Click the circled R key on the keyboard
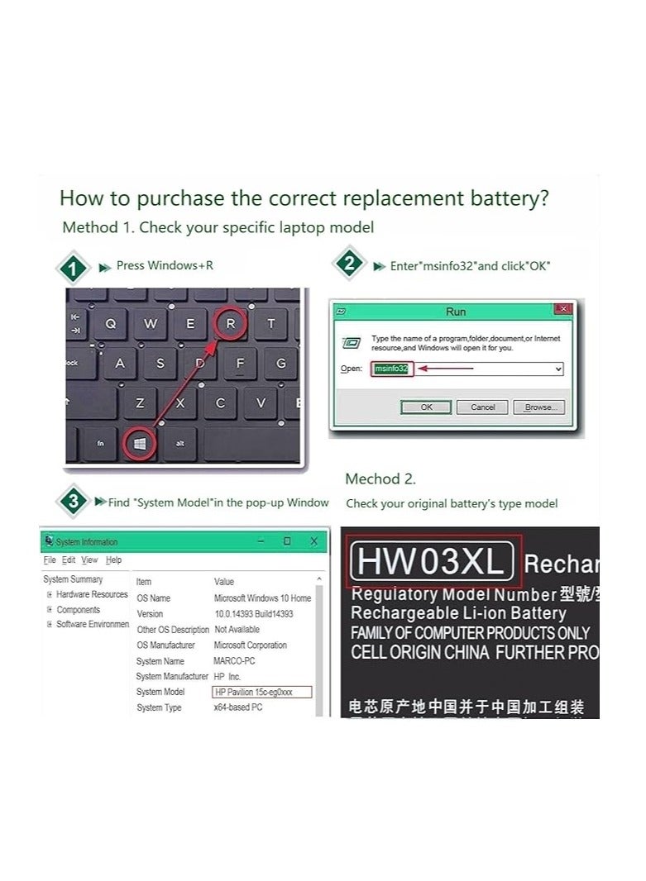pyautogui.click(x=230, y=324)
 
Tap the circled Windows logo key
pyautogui.click(x=140, y=444)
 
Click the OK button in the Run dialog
pyautogui.click(x=426, y=407)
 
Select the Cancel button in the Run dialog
pyautogui.click(x=482, y=407)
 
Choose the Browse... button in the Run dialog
pyautogui.click(x=538, y=407)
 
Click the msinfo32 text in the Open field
pyautogui.click(x=391, y=369)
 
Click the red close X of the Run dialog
pyautogui.click(x=563, y=309)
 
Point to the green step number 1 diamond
pyautogui.click(x=74, y=269)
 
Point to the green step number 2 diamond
pyautogui.click(x=349, y=265)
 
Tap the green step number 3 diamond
pyautogui.click(x=74, y=502)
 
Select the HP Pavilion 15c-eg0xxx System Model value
pyautogui.click(x=261, y=693)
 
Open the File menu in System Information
pyautogui.click(x=50, y=560)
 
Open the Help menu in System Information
pyautogui.click(x=114, y=560)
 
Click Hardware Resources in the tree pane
pyautogui.click(x=92, y=594)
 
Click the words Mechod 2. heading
pyautogui.click(x=380, y=479)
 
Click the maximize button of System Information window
pyautogui.click(x=287, y=541)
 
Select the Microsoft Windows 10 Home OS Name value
pyautogui.click(x=262, y=598)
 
